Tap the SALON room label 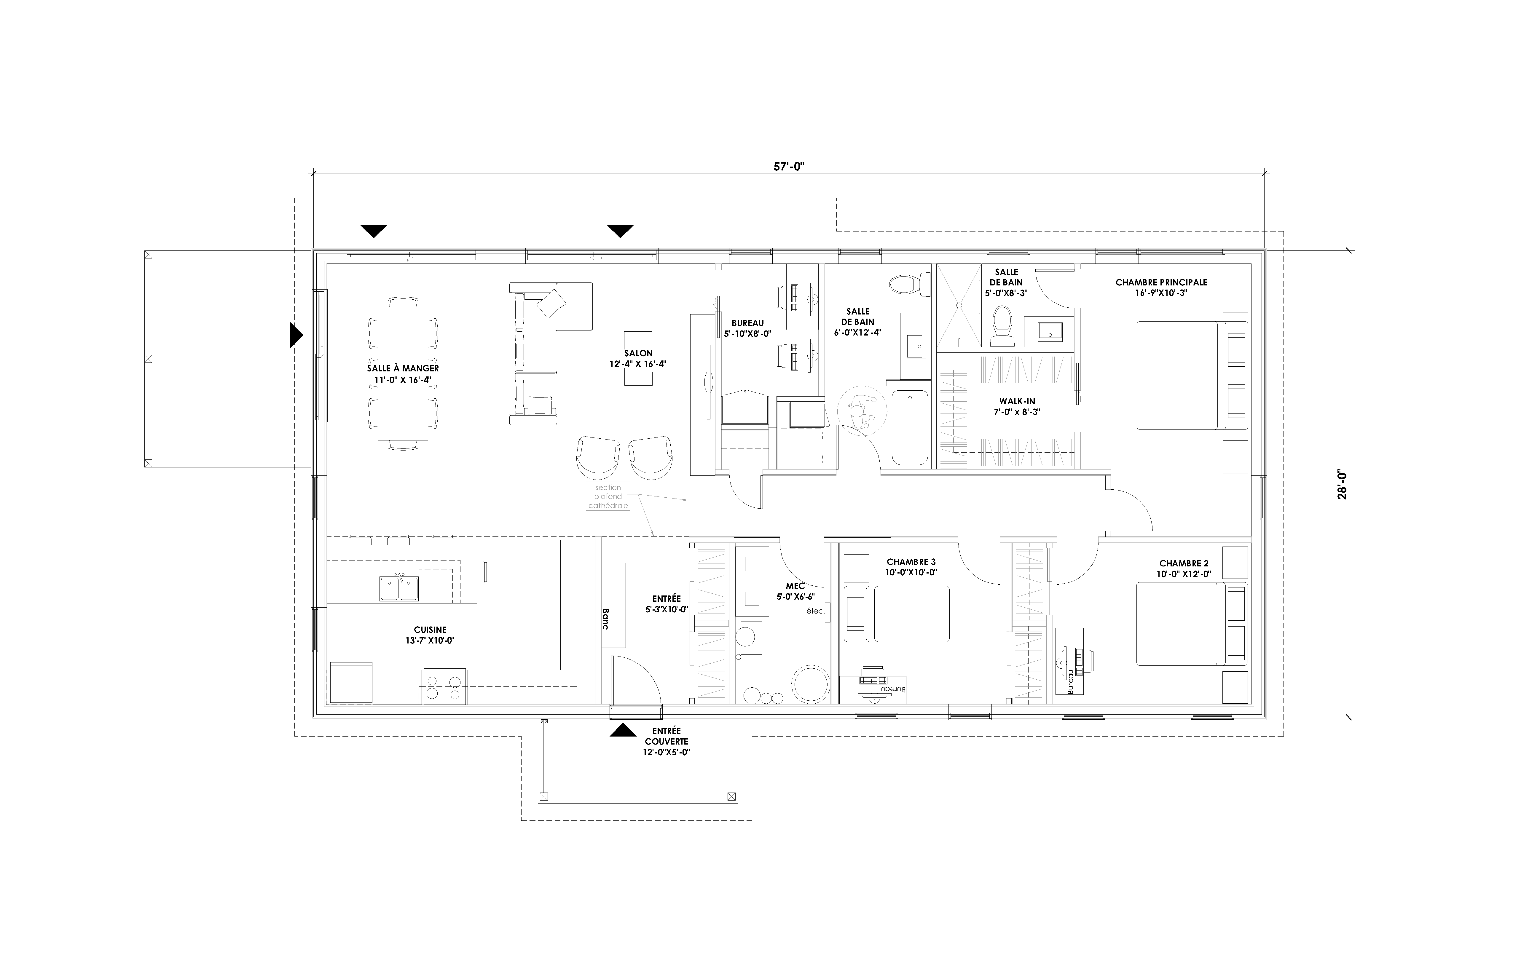point(638,354)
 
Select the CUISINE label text point(430,630)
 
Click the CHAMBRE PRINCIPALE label point(1161,282)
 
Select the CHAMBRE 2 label point(1184,563)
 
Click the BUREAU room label point(747,323)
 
